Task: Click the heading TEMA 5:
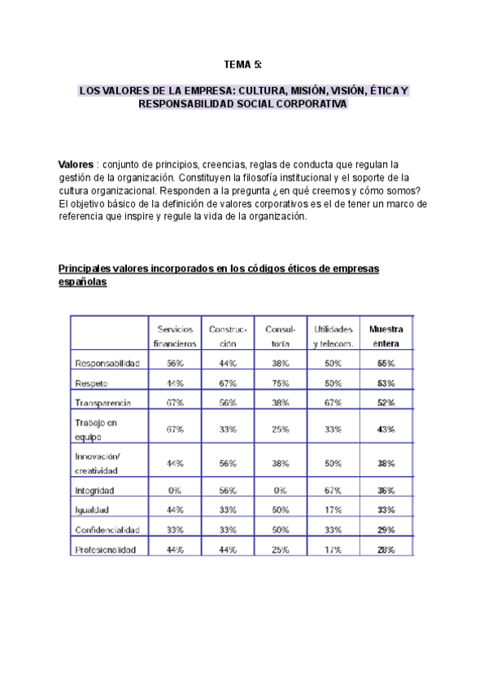click(x=243, y=64)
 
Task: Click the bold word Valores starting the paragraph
click(x=76, y=164)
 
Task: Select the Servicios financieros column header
click(x=176, y=336)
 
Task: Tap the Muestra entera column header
click(x=386, y=336)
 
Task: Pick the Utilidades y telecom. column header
click(x=333, y=336)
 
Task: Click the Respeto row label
click(x=91, y=382)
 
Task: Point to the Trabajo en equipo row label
click(x=96, y=429)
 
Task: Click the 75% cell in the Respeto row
click(x=281, y=382)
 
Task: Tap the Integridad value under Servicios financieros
click(x=176, y=491)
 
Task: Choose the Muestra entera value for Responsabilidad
click(x=386, y=363)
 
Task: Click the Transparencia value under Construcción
click(x=228, y=403)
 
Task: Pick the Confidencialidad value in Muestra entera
click(x=386, y=530)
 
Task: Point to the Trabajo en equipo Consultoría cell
click(x=281, y=429)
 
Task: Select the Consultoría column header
click(x=281, y=336)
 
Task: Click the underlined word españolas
click(x=82, y=282)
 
